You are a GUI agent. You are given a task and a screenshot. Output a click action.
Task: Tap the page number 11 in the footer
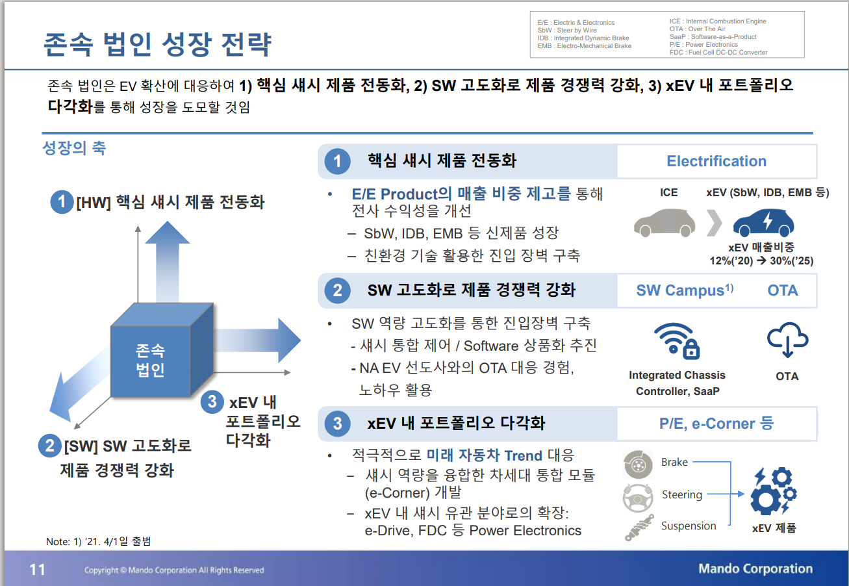pos(37,570)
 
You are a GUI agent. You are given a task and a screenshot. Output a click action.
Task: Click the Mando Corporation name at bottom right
pos(755,569)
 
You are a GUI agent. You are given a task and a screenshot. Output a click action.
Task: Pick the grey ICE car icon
pos(665,222)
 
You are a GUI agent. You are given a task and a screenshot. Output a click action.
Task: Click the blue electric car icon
pos(763,223)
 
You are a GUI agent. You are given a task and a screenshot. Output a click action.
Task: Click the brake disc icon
pos(637,464)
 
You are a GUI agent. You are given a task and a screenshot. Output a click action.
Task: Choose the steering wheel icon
pos(637,496)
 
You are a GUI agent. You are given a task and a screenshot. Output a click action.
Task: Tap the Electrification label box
pos(716,162)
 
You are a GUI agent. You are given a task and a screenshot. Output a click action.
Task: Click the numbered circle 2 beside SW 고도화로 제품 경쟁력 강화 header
pos(337,290)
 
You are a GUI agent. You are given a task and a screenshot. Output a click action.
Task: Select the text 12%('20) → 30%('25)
pos(761,261)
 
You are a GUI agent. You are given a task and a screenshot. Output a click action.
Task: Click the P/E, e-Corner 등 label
pos(716,424)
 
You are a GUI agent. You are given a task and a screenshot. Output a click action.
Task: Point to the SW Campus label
pos(684,290)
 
